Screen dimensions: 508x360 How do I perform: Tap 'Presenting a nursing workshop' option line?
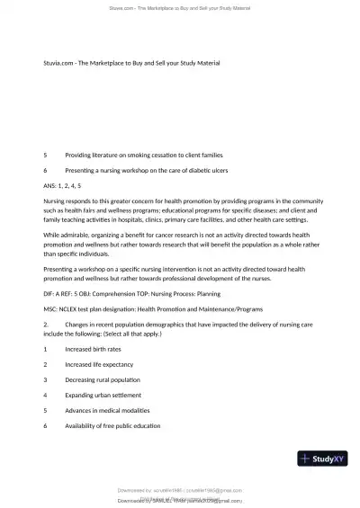[x=148, y=169]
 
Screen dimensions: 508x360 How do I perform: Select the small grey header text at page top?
[x=180, y=7]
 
